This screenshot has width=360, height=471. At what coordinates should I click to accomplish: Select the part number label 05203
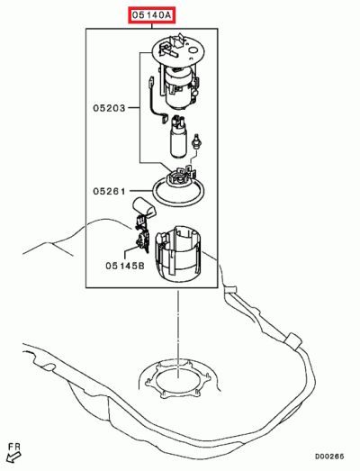[x=109, y=107]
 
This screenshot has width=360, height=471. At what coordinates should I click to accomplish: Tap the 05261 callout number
[x=109, y=191]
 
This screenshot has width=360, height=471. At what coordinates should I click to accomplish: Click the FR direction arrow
[x=13, y=456]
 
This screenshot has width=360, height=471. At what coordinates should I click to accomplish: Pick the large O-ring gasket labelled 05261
[x=180, y=191]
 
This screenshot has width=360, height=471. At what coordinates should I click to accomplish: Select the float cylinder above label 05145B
[x=145, y=213]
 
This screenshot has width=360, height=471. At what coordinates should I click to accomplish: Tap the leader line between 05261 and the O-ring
[x=140, y=191]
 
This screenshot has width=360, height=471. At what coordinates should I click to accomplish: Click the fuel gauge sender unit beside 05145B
[x=140, y=240]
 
